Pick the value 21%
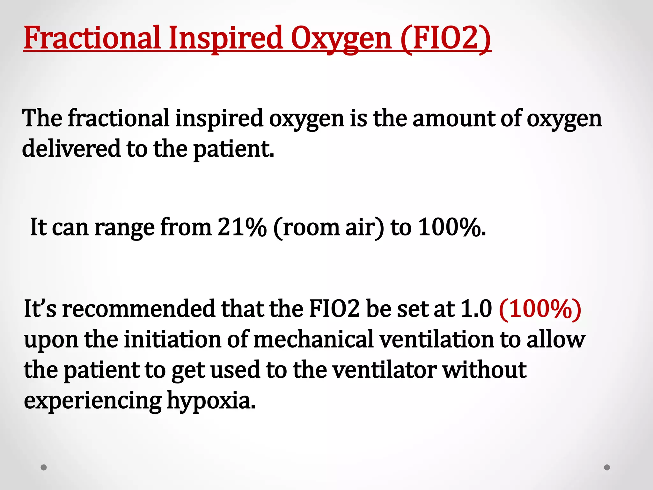242,227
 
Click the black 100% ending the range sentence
451,227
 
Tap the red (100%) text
540,309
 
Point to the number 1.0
476,309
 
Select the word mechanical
313,339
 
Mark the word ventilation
437,339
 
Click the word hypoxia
211,401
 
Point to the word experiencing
93,401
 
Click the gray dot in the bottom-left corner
44,467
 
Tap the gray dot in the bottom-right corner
607,467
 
